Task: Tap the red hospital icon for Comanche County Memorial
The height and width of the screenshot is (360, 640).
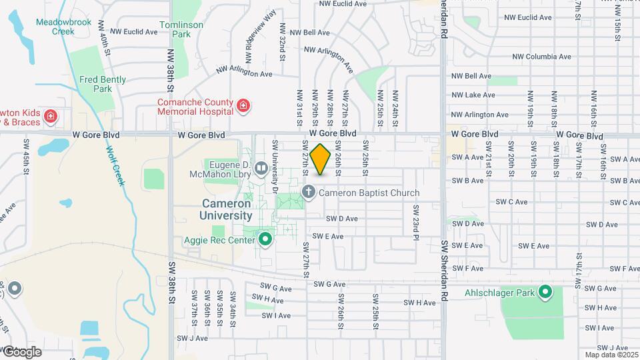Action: (243, 106)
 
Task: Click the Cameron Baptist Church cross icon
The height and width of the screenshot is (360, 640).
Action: (309, 193)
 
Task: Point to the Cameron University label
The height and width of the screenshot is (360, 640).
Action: (226, 209)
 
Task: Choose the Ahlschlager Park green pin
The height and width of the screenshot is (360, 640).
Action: (545, 292)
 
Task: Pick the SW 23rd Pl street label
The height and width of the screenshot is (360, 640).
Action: (414, 223)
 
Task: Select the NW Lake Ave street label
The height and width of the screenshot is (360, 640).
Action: (473, 95)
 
